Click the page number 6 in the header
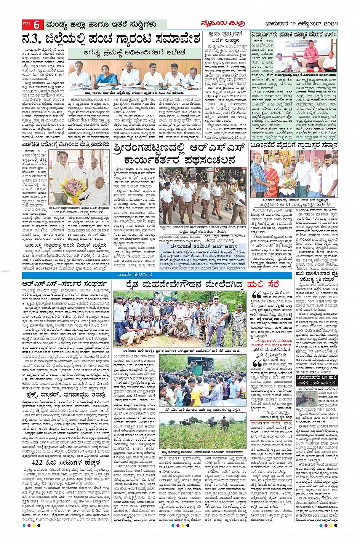[37, 25]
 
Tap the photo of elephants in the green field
[202, 426]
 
